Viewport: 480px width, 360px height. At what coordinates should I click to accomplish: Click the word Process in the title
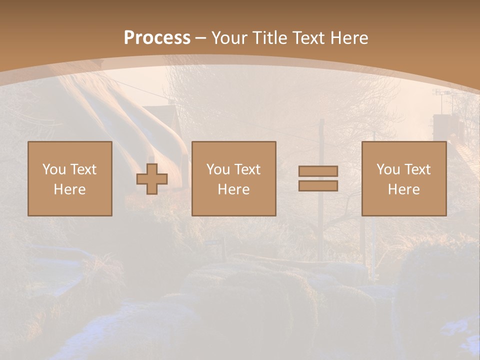click(x=157, y=38)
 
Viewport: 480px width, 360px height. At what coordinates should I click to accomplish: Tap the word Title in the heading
click(x=270, y=38)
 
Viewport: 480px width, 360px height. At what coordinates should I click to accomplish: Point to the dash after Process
click(x=200, y=38)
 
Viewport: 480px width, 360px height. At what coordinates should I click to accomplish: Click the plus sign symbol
click(x=152, y=179)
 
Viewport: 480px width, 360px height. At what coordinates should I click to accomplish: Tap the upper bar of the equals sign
click(x=318, y=171)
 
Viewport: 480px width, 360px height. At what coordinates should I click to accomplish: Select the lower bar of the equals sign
click(x=318, y=186)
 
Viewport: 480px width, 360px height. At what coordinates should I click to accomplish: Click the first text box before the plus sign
click(x=69, y=179)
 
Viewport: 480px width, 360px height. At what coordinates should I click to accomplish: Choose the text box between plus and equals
click(x=233, y=179)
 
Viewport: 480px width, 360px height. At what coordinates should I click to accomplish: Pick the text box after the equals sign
click(x=403, y=179)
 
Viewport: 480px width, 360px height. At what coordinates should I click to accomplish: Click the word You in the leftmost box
click(x=54, y=169)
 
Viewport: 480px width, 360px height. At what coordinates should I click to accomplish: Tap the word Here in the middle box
click(x=233, y=189)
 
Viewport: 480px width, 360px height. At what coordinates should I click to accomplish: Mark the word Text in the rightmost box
click(x=417, y=169)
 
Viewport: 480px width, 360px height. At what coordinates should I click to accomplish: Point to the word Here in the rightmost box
click(x=403, y=189)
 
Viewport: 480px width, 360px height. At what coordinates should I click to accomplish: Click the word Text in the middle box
click(x=247, y=169)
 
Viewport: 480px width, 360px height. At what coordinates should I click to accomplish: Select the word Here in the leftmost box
click(x=69, y=189)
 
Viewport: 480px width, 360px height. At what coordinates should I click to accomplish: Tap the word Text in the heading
click(x=306, y=38)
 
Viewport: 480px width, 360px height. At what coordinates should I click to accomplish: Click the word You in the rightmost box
click(x=388, y=169)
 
